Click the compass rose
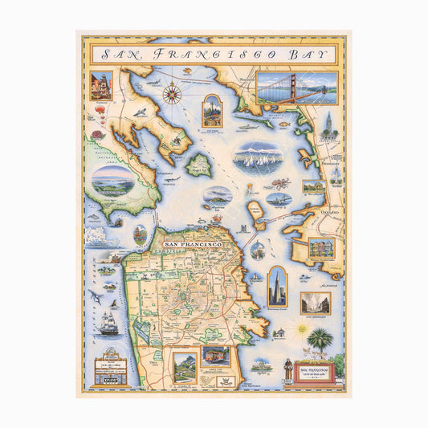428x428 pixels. (x=171, y=94)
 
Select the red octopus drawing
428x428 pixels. (x=279, y=184)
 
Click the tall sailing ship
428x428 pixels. (x=109, y=320)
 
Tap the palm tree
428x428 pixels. (x=320, y=342)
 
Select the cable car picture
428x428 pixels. (x=215, y=355)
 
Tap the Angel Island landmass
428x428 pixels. (x=199, y=165)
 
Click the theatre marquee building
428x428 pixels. (x=110, y=369)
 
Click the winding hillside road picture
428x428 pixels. (x=185, y=365)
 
